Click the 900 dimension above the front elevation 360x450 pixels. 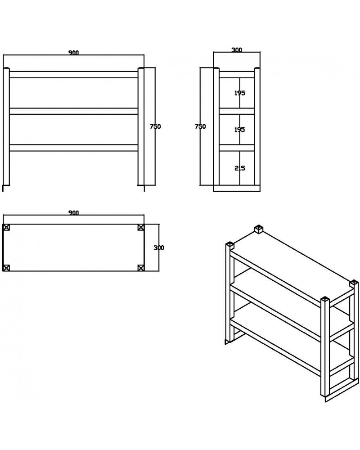[x=74, y=53]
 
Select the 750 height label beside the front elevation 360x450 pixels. [x=155, y=126]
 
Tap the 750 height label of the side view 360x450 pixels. [x=200, y=126]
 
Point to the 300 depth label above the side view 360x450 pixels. [x=237, y=50]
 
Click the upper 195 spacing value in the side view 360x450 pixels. [x=239, y=93]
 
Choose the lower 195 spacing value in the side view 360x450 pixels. [x=239, y=130]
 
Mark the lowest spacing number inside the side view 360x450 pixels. [x=239, y=168]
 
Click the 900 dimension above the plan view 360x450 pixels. [x=74, y=213]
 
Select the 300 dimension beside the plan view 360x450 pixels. [x=159, y=247]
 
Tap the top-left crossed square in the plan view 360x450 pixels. [x=6, y=227]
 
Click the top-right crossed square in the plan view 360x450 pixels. [x=141, y=227]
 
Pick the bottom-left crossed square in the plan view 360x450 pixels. [x=6, y=268]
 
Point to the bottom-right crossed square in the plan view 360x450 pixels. [x=141, y=268]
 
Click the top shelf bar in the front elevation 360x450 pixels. [x=74, y=75]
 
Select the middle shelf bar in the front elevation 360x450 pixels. [x=74, y=111]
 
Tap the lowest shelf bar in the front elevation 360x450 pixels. [x=74, y=148]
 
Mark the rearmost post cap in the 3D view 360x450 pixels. [x=259, y=229]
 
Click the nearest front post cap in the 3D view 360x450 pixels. [x=325, y=300]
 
